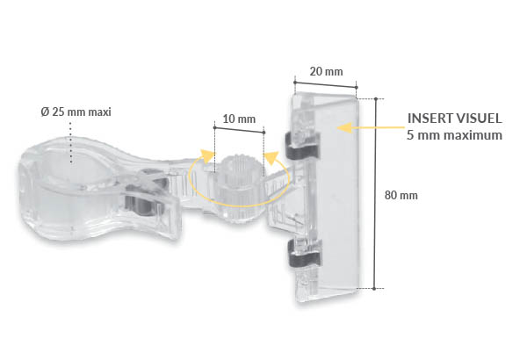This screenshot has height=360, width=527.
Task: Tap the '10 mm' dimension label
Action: click(239, 119)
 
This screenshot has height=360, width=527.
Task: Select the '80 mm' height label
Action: click(402, 195)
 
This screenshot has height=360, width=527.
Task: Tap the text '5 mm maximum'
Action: click(454, 135)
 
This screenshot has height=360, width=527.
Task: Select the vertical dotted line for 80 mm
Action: click(377, 193)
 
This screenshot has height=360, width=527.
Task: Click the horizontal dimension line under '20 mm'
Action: click(324, 86)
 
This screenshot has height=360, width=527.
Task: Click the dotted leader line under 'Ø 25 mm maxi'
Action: click(69, 140)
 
